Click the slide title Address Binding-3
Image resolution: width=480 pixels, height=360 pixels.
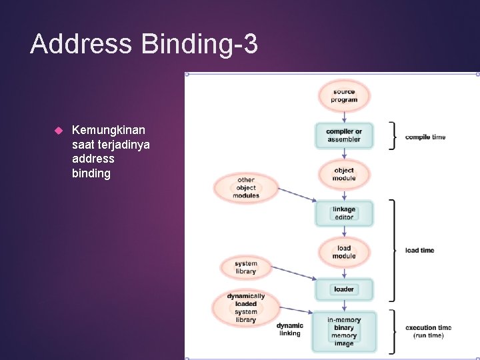pos(144,45)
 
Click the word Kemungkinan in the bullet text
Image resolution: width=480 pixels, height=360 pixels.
pos(109,129)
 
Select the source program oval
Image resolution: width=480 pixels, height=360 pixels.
pos(344,96)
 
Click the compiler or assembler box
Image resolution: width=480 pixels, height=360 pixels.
pos(344,135)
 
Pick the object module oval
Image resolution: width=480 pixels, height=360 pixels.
pos(344,175)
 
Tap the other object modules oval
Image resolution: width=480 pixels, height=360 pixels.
pos(246,187)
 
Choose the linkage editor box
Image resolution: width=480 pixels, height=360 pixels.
pos(344,213)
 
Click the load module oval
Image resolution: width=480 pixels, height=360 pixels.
pos(344,252)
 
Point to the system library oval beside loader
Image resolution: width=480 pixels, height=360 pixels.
pos(246,267)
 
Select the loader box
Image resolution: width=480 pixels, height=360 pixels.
pos(344,289)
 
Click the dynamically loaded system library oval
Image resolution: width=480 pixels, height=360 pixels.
pos(246,308)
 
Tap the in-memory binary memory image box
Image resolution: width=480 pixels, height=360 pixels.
pos(344,331)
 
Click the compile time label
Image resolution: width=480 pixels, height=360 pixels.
pos(425,137)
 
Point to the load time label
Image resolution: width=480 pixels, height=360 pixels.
pos(419,251)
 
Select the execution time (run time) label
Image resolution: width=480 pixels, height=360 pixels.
pos(428,331)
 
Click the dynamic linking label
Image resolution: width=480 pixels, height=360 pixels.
pos(290,329)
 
